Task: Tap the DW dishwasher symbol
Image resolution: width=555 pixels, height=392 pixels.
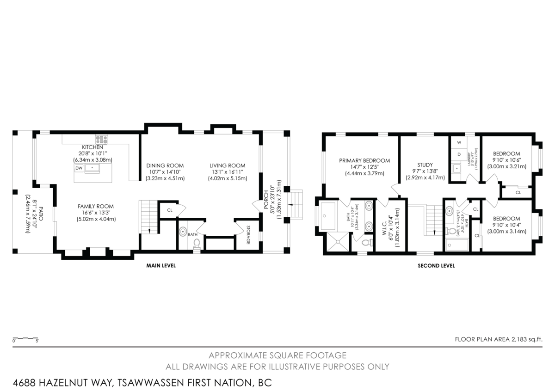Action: click(79, 168)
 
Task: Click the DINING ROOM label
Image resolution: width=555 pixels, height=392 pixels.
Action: click(165, 165)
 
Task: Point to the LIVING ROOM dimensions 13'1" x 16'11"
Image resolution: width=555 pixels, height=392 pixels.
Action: click(227, 172)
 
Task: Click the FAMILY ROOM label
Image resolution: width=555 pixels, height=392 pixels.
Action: click(96, 207)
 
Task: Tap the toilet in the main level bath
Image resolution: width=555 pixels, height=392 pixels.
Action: click(197, 242)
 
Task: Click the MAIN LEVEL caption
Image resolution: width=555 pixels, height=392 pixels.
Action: click(161, 266)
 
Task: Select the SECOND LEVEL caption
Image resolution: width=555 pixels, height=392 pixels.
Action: click(436, 266)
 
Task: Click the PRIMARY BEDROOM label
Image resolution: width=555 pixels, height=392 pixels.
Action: click(364, 161)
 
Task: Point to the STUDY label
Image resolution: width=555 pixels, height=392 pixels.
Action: click(425, 165)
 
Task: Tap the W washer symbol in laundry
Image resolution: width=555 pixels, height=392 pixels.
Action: click(459, 142)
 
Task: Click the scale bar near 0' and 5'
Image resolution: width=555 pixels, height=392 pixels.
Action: click(25, 338)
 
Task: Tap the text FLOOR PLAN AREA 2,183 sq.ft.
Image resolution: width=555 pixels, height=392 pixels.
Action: click(498, 339)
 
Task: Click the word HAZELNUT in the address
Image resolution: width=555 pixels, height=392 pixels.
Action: click(77, 383)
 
